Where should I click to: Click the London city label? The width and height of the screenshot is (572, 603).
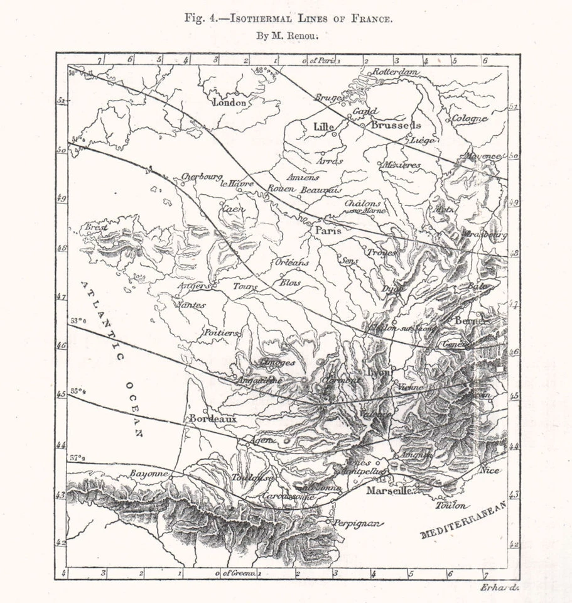(x=230, y=102)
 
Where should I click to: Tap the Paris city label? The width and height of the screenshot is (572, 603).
(x=328, y=231)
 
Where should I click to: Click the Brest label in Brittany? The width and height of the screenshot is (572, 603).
(x=96, y=227)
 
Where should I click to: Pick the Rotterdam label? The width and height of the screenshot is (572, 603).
(x=396, y=72)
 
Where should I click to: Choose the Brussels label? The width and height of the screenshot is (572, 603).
(x=396, y=125)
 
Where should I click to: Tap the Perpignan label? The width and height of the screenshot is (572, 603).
(x=357, y=523)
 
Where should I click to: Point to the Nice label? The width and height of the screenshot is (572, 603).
(x=489, y=469)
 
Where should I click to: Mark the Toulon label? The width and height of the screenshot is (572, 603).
(x=452, y=505)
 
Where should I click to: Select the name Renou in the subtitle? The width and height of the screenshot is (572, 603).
(x=305, y=36)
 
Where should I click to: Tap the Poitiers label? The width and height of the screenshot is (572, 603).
(x=222, y=332)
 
